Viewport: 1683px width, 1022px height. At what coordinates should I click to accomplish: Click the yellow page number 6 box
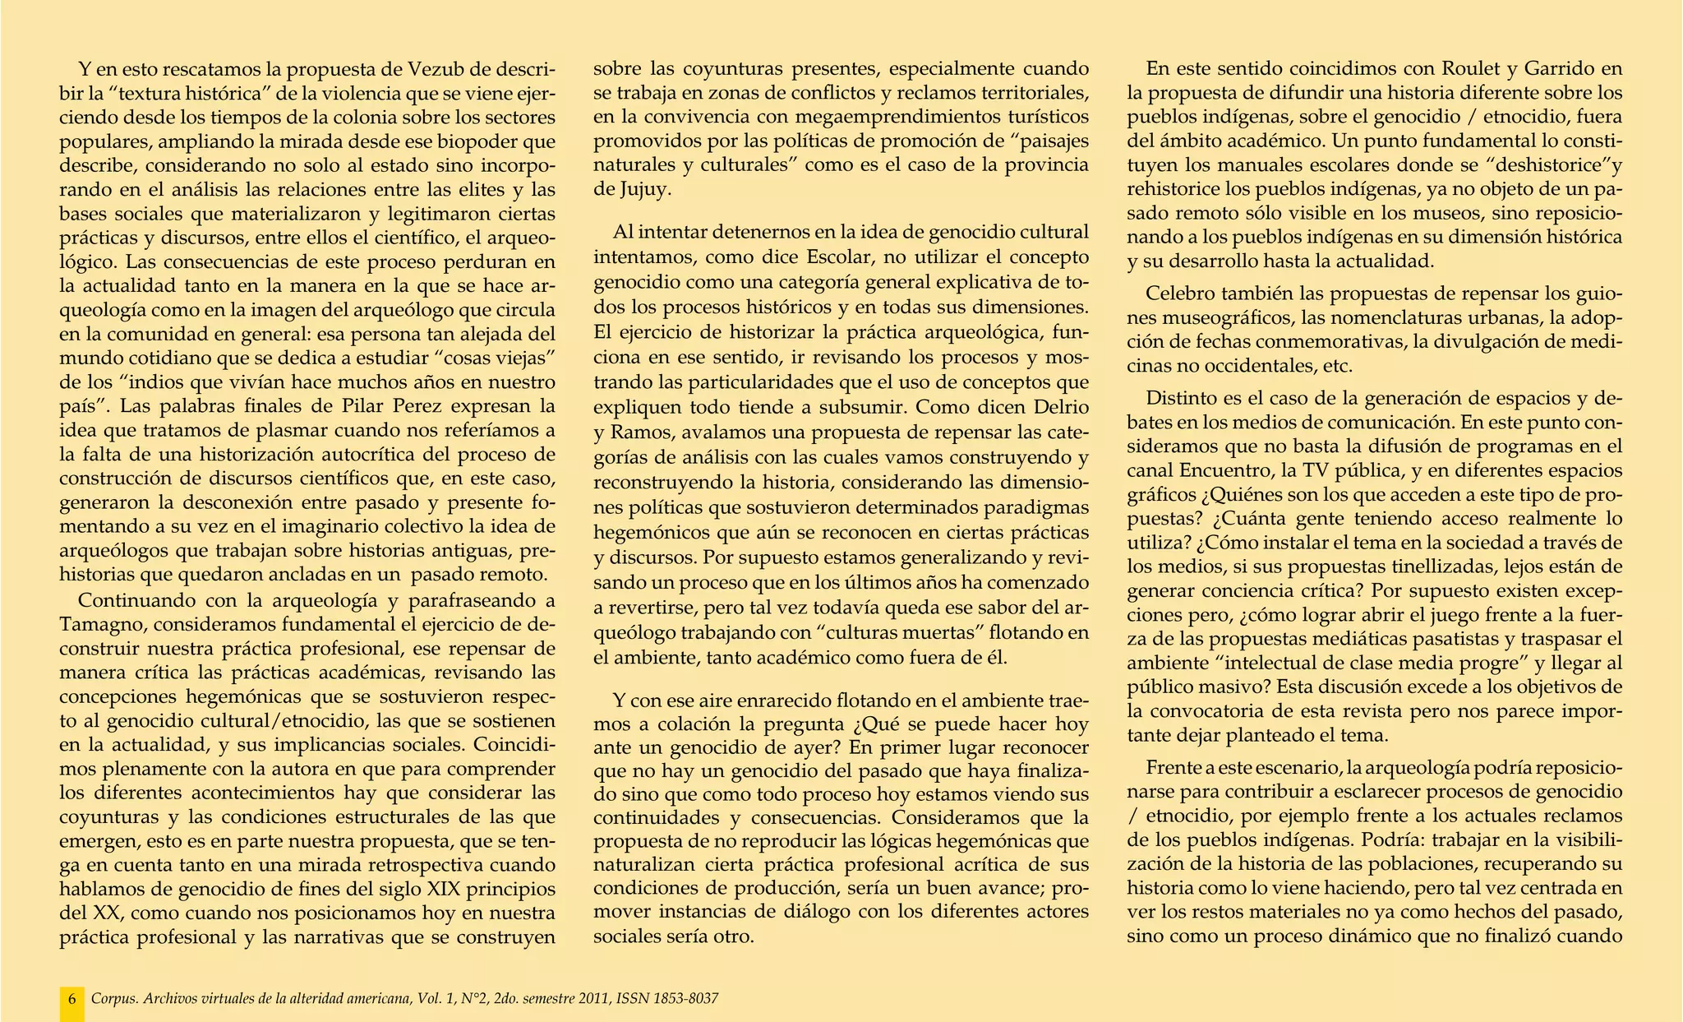click(72, 999)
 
